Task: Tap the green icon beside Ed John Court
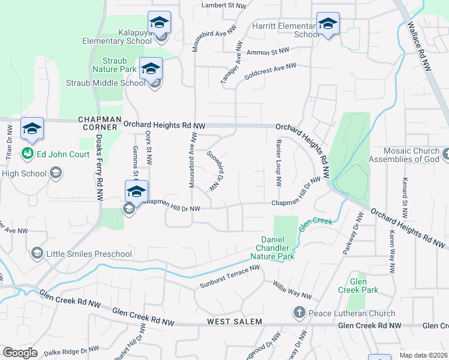coord(28,154)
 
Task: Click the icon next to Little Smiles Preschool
coord(37,253)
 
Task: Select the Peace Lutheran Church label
coord(351,313)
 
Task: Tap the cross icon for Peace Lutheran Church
coord(299,313)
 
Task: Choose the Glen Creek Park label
coord(366,286)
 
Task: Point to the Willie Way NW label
coord(292,290)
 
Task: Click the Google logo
coord(20,352)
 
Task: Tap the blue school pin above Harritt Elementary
coord(328,25)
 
